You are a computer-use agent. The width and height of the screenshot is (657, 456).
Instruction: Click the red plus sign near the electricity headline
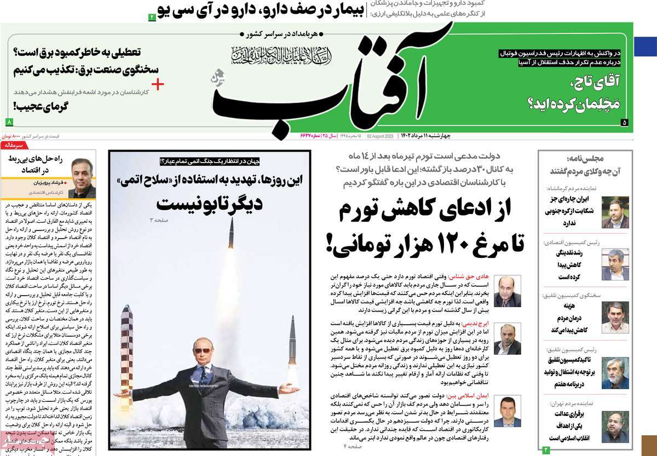tap(158, 84)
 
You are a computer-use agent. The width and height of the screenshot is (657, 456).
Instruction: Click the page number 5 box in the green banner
tap(624, 123)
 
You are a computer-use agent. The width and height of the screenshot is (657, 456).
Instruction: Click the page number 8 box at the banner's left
tap(9, 122)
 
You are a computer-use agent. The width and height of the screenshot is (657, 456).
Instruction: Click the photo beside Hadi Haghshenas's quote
tap(507, 291)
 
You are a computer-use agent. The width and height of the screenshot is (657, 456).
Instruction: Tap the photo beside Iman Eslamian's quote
tap(507, 411)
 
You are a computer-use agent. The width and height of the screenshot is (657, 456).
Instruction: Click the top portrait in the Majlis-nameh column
tap(615, 212)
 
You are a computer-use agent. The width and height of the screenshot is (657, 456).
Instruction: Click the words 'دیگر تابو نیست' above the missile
tap(209, 204)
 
